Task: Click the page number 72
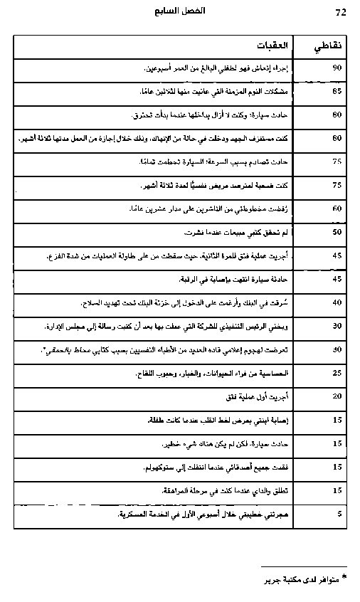[x=339, y=12]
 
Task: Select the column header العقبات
[x=273, y=46]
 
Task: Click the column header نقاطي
[x=327, y=46]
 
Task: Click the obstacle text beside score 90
[x=240, y=68]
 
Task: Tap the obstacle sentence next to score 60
[x=213, y=208]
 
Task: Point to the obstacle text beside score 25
[x=233, y=372]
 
